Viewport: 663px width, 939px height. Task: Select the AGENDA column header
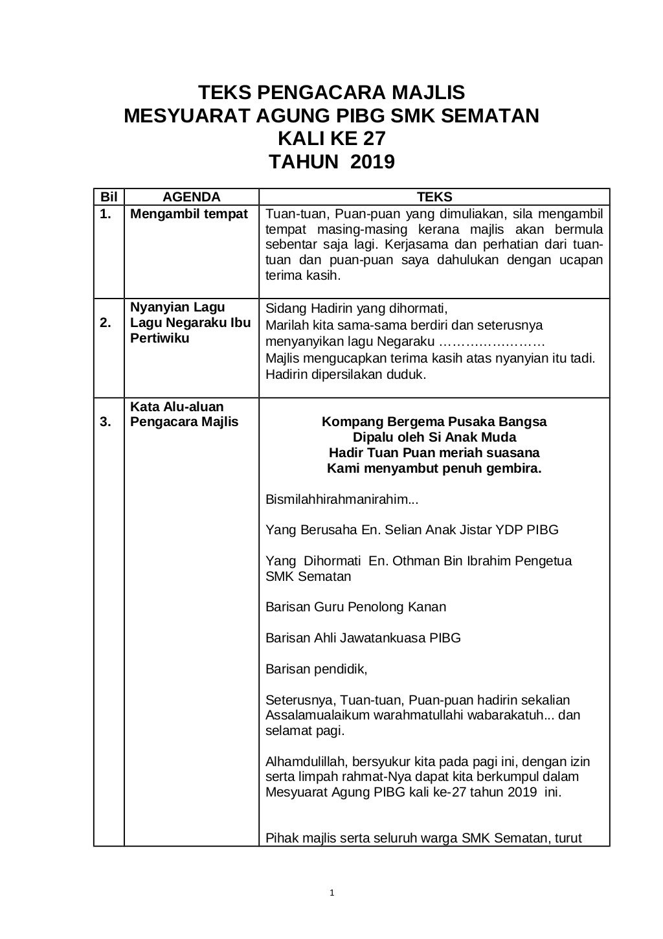(x=191, y=198)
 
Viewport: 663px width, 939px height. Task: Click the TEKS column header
(x=434, y=198)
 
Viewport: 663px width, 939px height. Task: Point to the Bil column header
(x=108, y=198)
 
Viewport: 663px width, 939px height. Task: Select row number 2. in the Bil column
(x=106, y=323)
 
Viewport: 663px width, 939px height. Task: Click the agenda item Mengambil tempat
(x=189, y=214)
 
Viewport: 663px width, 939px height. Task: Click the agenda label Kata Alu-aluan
(x=177, y=407)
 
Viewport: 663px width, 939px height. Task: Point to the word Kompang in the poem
(x=348, y=422)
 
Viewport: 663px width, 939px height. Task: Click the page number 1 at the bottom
(x=331, y=894)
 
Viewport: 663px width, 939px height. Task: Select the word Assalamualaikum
(x=317, y=716)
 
